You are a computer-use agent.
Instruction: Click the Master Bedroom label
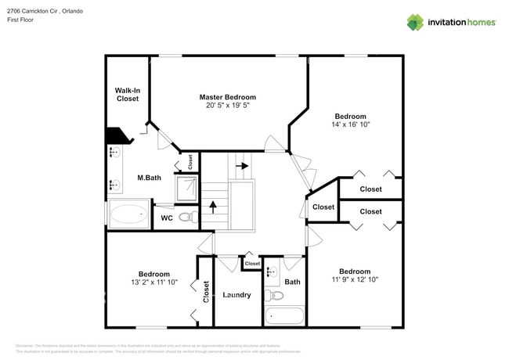tap(227, 97)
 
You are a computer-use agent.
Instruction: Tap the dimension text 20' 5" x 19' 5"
tap(227, 106)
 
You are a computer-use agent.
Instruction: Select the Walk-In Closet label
tap(127, 95)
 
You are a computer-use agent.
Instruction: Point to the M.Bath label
tap(149, 178)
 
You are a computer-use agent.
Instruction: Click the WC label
tap(167, 218)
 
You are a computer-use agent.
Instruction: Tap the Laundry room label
tap(236, 295)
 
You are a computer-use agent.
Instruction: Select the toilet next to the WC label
tap(186, 218)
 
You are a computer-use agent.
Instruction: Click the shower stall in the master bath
tap(187, 186)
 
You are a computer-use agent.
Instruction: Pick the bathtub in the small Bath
tap(284, 316)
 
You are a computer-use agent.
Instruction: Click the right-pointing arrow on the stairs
tap(244, 166)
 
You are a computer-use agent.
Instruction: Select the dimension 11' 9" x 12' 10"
tap(354, 279)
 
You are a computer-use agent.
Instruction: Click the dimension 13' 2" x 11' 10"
tap(153, 283)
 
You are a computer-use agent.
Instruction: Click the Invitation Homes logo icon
tap(414, 22)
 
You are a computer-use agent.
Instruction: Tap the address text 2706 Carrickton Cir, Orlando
tap(45, 12)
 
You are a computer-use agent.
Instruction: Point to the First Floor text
tap(23, 20)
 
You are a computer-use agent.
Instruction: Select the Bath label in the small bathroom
tap(292, 282)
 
